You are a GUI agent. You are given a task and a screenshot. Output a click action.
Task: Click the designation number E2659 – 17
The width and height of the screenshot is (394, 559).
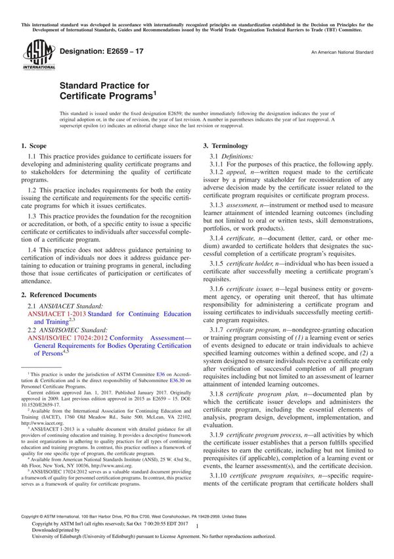[x=99, y=51]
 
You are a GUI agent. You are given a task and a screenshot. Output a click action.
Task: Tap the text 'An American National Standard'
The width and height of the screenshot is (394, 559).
[x=341, y=51]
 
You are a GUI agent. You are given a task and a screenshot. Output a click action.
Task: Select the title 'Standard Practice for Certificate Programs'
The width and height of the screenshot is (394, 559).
[x=108, y=91]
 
